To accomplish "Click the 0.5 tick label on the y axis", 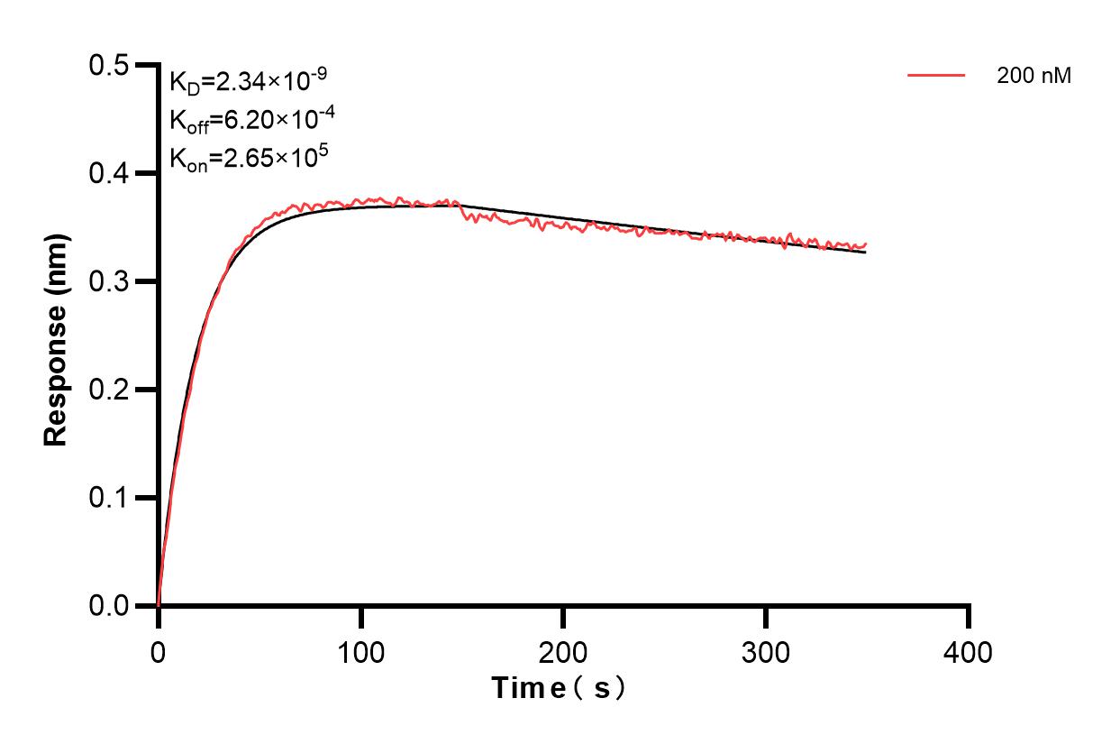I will point(109,66).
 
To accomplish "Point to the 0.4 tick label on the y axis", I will point(109,174).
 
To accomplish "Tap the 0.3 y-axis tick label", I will point(109,282).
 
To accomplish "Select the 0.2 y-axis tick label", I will point(109,390).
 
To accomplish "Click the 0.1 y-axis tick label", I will point(109,499).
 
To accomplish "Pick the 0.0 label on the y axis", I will point(109,607).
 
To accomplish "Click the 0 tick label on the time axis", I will point(159,651).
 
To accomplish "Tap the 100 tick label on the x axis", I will point(360,651).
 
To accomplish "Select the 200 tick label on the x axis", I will point(563,651).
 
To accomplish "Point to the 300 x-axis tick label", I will point(766,651).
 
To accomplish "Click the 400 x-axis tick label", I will point(969,651).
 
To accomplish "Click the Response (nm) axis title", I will point(56,336).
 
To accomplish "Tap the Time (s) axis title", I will point(559,689).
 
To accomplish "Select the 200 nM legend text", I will point(1034,77).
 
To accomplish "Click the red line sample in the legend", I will point(936,76).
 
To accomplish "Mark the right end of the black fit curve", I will point(866,253).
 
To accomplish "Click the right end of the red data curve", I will point(866,243).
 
